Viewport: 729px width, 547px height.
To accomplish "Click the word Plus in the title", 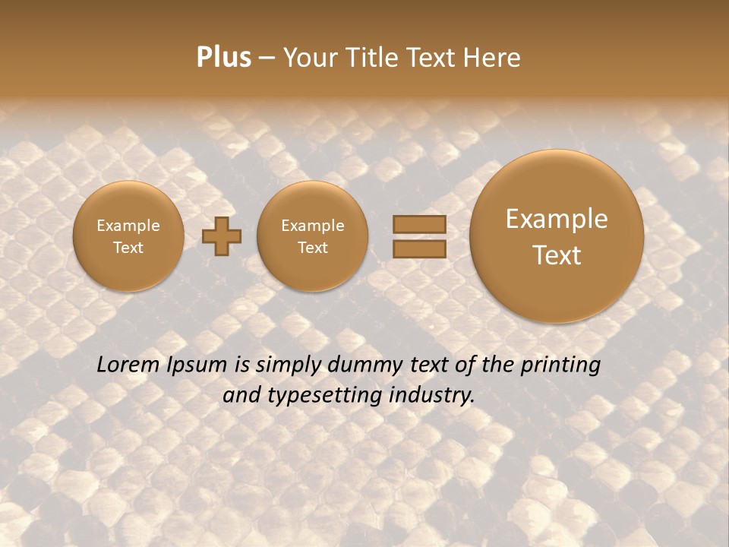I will [223, 58].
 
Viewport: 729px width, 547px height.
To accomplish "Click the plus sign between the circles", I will [222, 236].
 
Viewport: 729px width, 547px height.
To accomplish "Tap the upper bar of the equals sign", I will [419, 224].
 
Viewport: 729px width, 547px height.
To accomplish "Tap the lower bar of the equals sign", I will [419, 248].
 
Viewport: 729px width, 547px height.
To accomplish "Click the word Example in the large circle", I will [557, 219].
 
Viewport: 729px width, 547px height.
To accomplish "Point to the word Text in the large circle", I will [557, 255].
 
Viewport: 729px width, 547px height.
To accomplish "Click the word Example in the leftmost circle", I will [128, 226].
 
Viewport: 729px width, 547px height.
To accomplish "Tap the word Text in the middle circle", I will [312, 248].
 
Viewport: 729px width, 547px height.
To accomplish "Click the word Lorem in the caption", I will [128, 365].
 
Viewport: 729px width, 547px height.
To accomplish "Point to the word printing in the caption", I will [560, 365].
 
